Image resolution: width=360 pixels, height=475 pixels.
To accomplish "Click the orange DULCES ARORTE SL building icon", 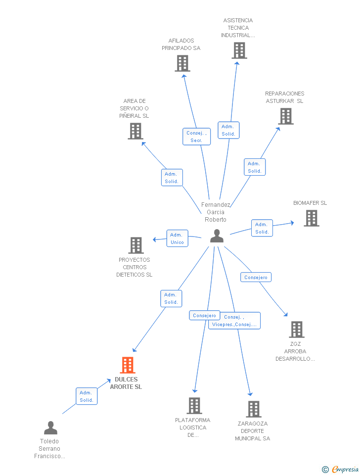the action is (x=128, y=365).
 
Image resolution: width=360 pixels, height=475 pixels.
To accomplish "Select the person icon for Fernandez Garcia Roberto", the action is (x=217, y=236).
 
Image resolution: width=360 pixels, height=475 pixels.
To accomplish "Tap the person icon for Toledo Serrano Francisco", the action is (x=50, y=427).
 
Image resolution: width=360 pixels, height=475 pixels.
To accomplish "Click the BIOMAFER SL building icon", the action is (x=312, y=218).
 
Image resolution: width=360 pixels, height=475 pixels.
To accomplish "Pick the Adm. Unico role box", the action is (x=177, y=238).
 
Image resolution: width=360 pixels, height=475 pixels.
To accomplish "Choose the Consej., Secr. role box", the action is (x=196, y=137).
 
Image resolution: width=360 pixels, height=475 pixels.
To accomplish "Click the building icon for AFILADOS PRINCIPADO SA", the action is (x=182, y=63).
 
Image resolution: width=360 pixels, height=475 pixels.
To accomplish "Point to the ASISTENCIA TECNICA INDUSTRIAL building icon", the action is (x=239, y=50).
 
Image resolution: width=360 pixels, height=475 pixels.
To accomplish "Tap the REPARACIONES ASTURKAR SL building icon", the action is (x=286, y=116).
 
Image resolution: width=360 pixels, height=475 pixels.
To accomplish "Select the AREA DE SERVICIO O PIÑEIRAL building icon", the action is (x=135, y=131).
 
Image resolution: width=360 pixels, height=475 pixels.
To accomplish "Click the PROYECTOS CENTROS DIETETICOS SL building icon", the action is (x=136, y=245).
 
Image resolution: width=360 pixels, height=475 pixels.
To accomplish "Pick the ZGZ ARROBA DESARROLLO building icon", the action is (x=296, y=330).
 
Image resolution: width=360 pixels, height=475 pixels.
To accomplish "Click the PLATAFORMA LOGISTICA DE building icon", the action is (x=194, y=406).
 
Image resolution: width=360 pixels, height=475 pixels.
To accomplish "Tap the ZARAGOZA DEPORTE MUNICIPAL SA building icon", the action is (x=254, y=409).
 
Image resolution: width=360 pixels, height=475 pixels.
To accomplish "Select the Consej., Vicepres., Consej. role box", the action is (x=234, y=321).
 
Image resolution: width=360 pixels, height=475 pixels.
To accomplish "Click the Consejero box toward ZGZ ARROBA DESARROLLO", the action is (x=256, y=277).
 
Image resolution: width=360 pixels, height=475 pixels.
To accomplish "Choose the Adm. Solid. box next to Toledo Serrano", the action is (x=87, y=396).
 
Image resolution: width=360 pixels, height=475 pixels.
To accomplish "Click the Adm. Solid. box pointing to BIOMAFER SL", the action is (x=262, y=228).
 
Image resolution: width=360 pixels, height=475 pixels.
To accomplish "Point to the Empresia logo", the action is (x=340, y=469).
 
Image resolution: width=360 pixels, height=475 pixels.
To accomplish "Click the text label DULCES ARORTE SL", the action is (x=126, y=383).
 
